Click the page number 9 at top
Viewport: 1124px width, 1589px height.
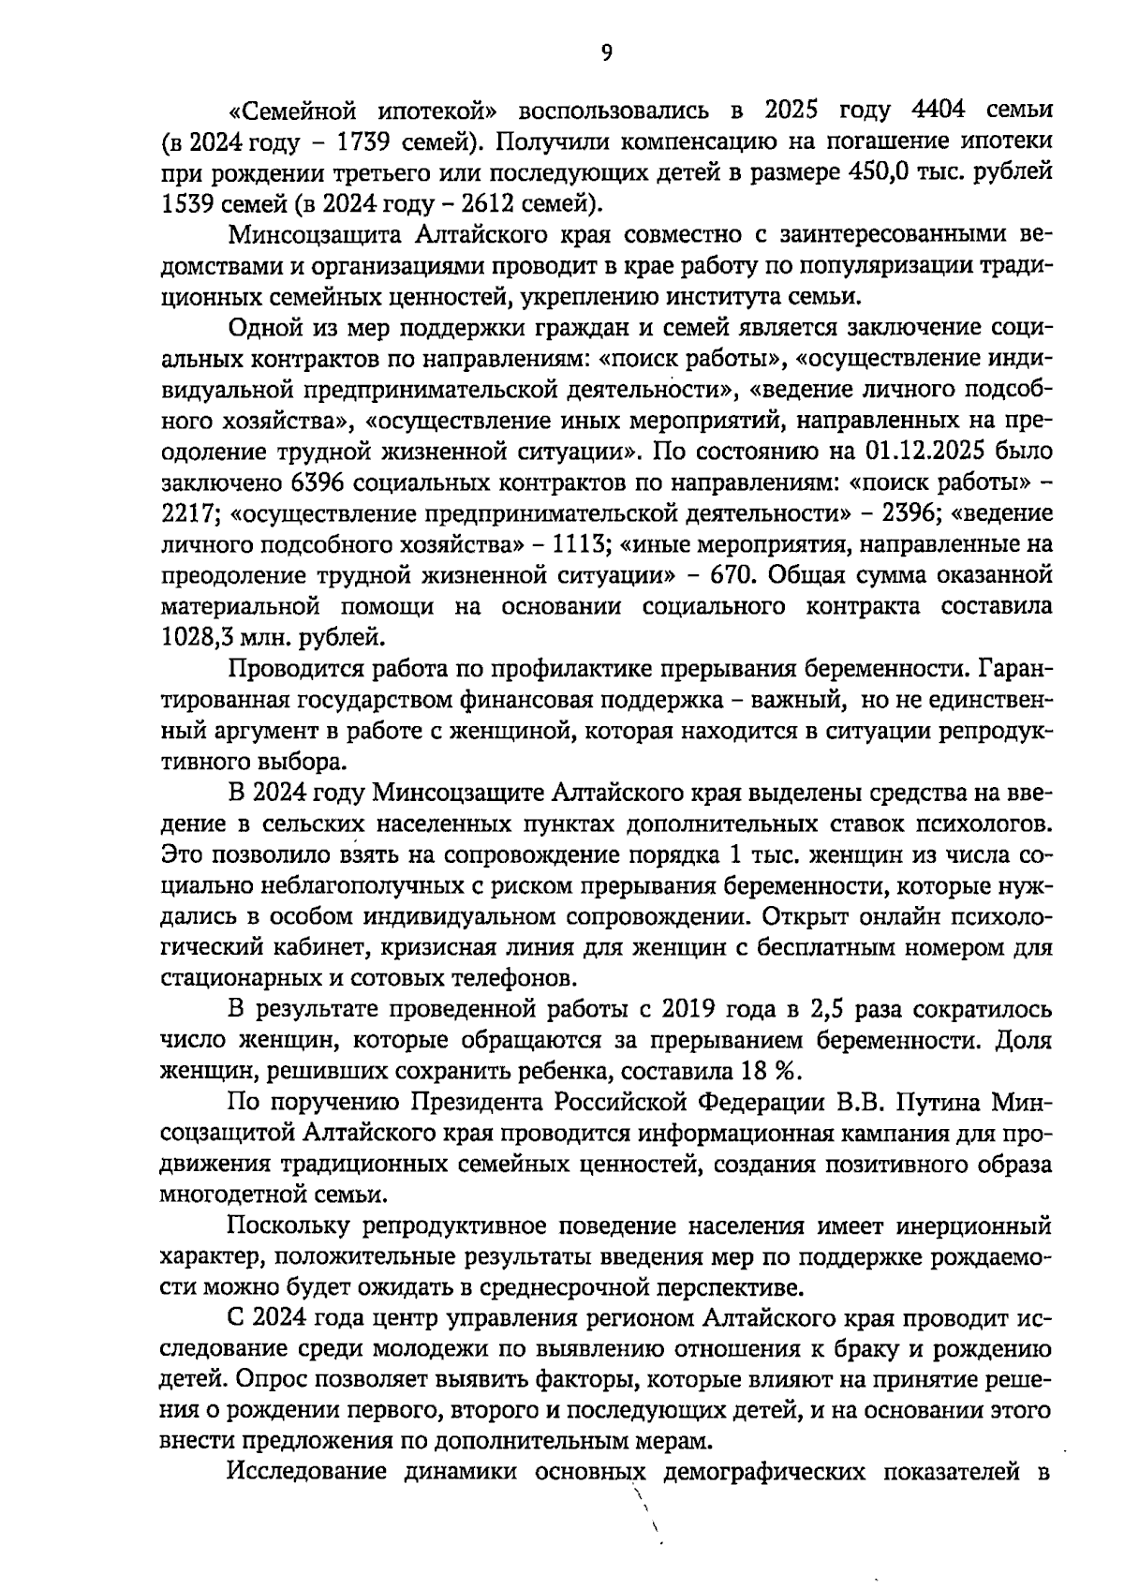point(606,53)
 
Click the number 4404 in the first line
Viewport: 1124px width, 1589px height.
point(942,111)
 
